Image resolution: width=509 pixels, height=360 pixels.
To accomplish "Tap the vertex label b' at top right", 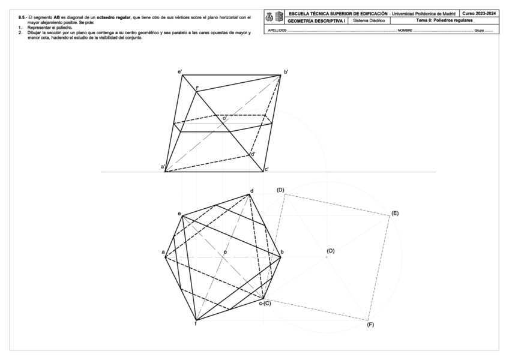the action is [286, 72].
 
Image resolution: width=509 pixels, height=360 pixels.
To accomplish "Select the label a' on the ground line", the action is [162, 166].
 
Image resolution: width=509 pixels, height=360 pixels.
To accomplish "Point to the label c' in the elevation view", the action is [266, 169].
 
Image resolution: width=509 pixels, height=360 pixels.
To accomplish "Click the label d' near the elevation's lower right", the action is [253, 154].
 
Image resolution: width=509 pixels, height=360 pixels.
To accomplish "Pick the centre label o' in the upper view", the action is [224, 119].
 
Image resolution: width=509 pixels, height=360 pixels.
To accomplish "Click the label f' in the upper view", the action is [197, 88].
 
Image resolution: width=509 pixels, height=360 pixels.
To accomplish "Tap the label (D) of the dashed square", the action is [280, 190].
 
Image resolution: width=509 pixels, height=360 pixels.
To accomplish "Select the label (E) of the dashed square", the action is [394, 213].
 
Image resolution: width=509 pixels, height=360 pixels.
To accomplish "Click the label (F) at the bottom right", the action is [370, 325].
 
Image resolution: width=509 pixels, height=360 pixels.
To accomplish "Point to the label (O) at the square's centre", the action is [330, 250].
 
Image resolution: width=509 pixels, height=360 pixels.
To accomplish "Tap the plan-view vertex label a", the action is [163, 252].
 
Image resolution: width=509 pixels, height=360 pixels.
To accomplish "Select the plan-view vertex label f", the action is [196, 324].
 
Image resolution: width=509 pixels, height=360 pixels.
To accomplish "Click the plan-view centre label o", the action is [225, 252].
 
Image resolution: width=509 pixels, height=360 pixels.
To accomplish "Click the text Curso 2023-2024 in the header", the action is [479, 13].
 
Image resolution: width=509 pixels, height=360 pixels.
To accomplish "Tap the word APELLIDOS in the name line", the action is [277, 29].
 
